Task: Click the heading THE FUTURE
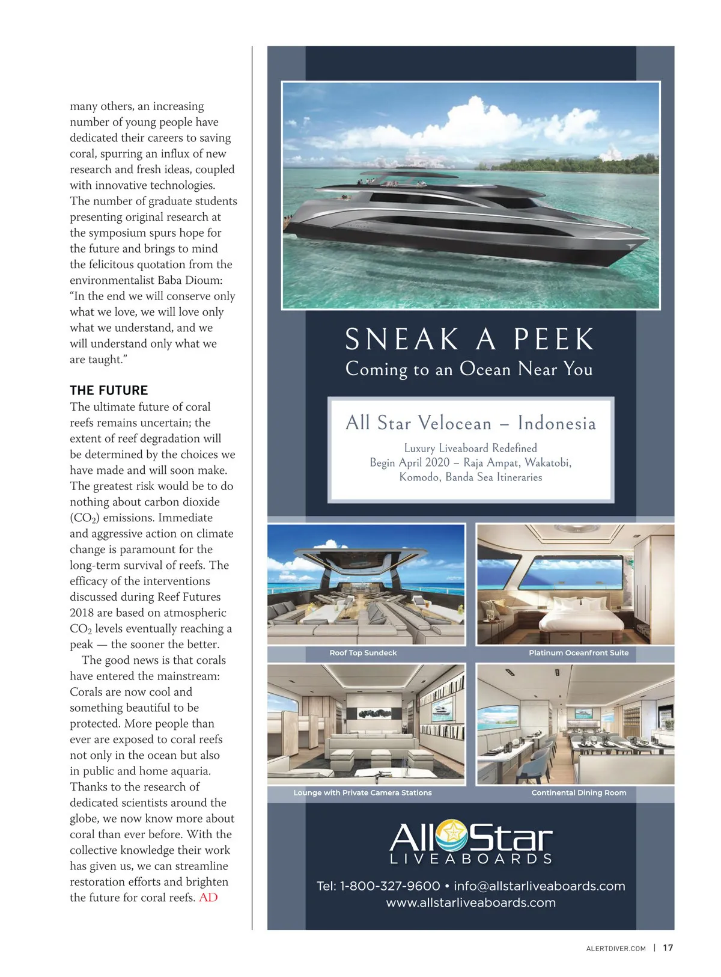pyautogui.click(x=109, y=390)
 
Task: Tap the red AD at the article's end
pyautogui.click(x=208, y=898)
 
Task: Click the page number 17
pyautogui.click(x=668, y=948)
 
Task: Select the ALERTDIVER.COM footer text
pyautogui.click(x=615, y=949)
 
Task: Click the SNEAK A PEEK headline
pyautogui.click(x=469, y=340)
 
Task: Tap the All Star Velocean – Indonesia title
pyautogui.click(x=470, y=423)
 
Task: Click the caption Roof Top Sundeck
pyautogui.click(x=363, y=653)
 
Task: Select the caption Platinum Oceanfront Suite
pyautogui.click(x=578, y=653)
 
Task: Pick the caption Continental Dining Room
pyautogui.click(x=579, y=793)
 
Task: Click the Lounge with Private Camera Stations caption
pyautogui.click(x=362, y=793)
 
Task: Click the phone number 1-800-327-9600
pyautogui.click(x=390, y=886)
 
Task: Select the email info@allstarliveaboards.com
pyautogui.click(x=539, y=886)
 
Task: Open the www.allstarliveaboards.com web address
pyautogui.click(x=470, y=902)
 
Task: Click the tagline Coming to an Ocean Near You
pyautogui.click(x=469, y=369)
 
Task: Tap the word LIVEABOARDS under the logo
pyautogui.click(x=470, y=859)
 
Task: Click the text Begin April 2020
pyautogui.click(x=409, y=463)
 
